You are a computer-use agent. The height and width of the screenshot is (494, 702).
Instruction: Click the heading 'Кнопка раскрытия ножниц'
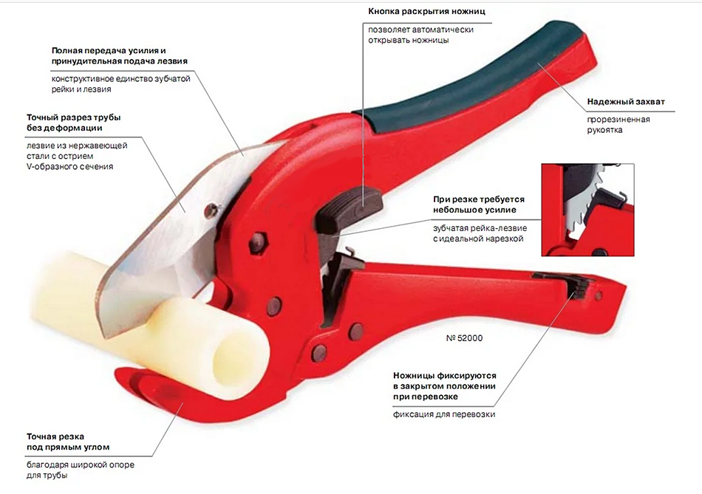pos(426,12)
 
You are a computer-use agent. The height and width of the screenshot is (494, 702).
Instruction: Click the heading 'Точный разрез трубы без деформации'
pos(73,123)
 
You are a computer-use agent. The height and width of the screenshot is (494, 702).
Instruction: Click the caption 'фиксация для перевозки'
pos(443,414)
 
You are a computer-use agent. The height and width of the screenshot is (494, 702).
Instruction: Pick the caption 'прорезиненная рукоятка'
pos(618,125)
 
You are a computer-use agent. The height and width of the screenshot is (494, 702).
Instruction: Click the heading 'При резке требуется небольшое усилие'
pos(478,205)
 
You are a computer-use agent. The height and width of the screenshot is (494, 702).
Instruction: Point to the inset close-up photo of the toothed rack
pos(587,209)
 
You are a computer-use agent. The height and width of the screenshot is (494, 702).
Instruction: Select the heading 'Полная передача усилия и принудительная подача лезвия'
pos(119,55)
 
